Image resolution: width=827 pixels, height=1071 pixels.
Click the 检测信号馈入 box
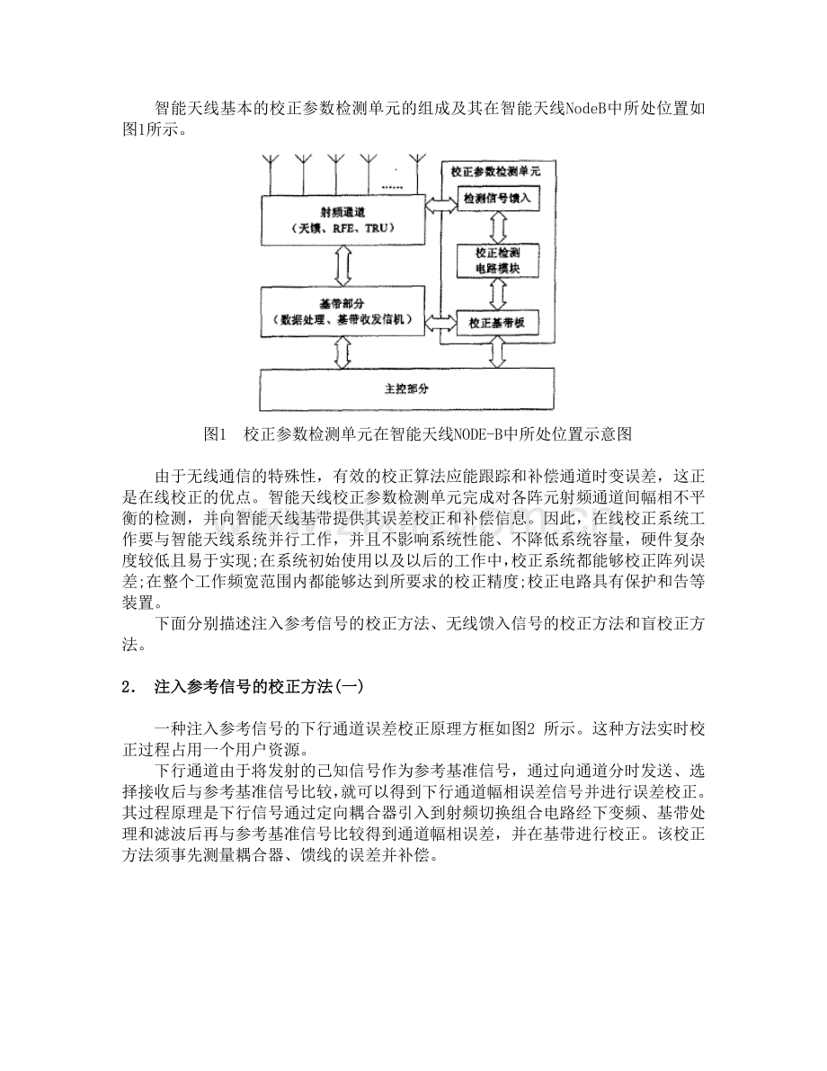point(498,198)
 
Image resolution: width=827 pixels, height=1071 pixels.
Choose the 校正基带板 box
point(498,321)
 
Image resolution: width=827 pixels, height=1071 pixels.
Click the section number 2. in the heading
point(128,687)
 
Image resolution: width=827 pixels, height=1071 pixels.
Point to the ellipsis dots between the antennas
point(392,186)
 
